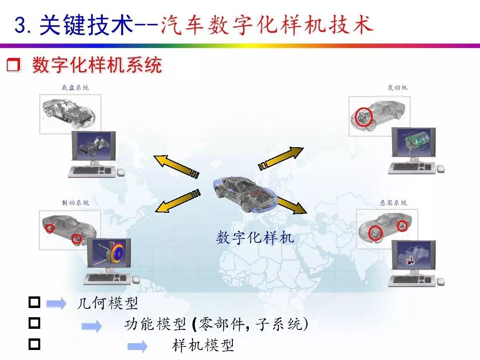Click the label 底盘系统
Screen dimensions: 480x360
(x=75, y=88)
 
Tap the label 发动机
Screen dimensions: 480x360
(x=397, y=88)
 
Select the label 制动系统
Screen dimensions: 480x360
(x=76, y=203)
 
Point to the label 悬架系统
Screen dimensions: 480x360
(x=393, y=203)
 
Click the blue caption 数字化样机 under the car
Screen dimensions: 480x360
(x=255, y=238)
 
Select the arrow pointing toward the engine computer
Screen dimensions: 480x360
(x=281, y=158)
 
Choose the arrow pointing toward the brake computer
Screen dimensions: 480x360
(x=178, y=201)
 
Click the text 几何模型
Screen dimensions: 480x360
(x=107, y=303)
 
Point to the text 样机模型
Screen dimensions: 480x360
(x=203, y=346)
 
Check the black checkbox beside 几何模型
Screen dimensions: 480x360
(x=34, y=302)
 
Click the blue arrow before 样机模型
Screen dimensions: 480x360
(x=137, y=346)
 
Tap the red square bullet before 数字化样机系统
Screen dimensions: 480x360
(x=13, y=65)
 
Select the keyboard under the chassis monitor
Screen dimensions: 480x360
(x=92, y=171)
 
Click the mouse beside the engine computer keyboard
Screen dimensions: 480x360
(x=441, y=169)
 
